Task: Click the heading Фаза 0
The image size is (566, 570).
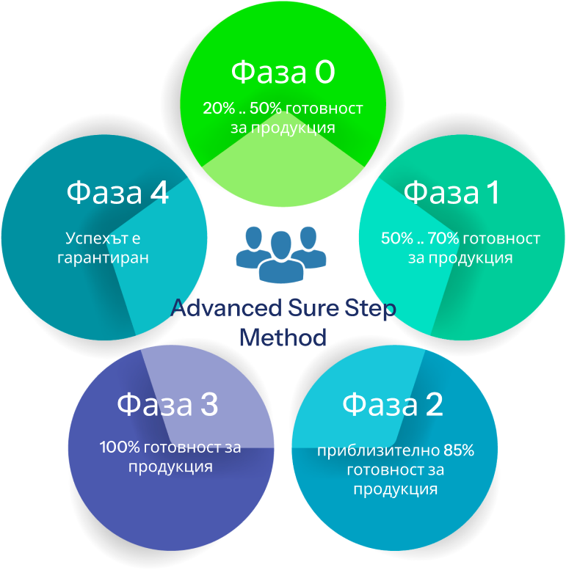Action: coord(283,73)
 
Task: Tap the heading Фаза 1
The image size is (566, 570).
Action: coord(451,193)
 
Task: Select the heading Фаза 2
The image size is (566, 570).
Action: coord(392,404)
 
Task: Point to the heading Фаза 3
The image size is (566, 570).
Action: coord(167,405)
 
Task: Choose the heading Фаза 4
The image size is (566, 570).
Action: coord(117,193)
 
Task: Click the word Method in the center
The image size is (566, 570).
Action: coord(283,337)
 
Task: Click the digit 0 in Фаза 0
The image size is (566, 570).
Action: coord(324,73)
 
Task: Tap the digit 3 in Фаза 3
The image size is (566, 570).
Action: coord(208,405)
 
